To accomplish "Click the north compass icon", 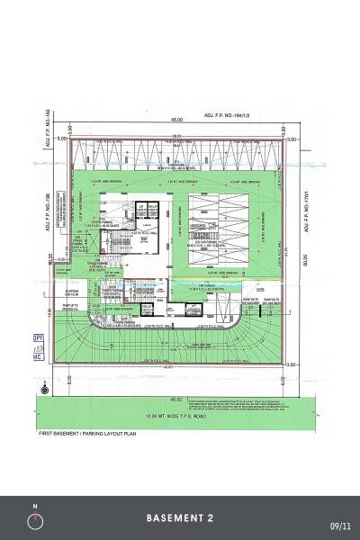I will tap(35, 519).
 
